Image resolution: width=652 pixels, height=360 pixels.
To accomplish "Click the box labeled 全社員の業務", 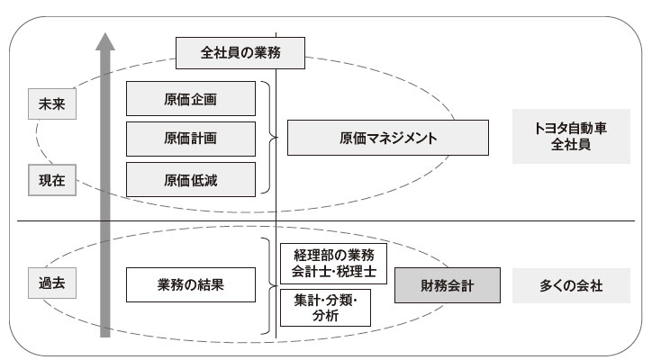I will [240, 52].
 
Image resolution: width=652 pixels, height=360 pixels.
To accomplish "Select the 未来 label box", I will [50, 103].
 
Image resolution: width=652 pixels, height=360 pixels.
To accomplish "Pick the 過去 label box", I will [50, 285].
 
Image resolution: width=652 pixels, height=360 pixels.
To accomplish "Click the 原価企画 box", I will [190, 98].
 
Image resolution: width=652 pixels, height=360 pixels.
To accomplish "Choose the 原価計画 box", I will [190, 139].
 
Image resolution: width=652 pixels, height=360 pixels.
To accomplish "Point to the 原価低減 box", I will [190, 180].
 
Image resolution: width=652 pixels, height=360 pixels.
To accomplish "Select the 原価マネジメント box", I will [387, 139].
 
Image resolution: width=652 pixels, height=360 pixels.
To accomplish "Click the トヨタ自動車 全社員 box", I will [570, 137].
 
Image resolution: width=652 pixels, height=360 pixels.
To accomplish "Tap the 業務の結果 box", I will [190, 286].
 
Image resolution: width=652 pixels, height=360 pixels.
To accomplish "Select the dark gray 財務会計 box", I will [447, 286].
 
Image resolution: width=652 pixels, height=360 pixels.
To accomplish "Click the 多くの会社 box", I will [571, 286].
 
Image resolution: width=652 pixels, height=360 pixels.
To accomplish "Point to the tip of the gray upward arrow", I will [105, 34].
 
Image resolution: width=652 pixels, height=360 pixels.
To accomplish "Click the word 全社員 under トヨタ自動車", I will [570, 146].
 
